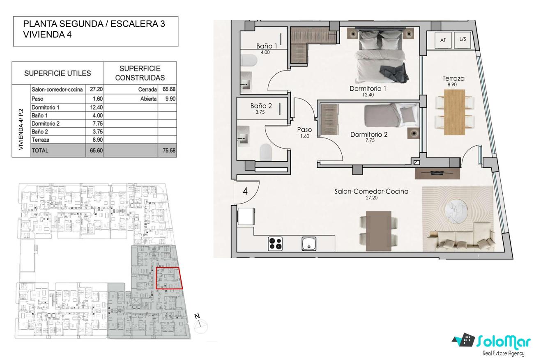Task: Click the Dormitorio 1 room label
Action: tap(368, 89)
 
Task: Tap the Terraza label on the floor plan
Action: tap(453, 78)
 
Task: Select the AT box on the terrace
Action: tap(443, 40)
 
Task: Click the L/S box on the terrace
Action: tap(463, 39)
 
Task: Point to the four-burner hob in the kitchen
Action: tap(275, 243)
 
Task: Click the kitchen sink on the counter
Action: tap(309, 243)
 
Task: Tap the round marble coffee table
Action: tap(456, 211)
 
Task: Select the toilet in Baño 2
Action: tap(266, 151)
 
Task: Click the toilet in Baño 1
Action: tap(249, 60)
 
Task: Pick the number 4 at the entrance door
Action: tap(245, 191)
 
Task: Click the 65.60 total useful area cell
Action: tap(96, 150)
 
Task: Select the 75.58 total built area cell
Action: tap(169, 150)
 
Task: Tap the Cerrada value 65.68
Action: tap(169, 89)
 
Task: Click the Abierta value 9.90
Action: tap(170, 99)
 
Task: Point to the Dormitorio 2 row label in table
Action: tap(46, 124)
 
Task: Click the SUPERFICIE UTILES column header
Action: tap(58, 73)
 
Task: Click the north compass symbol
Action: tap(200, 325)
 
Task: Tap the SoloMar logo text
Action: tap(503, 342)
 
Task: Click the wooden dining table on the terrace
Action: tap(455, 112)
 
